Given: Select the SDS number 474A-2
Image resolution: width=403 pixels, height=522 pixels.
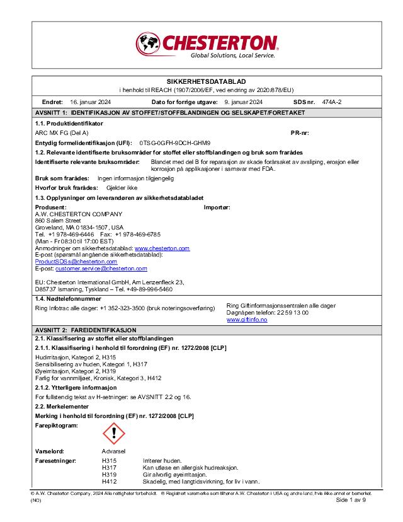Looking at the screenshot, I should tap(331, 101).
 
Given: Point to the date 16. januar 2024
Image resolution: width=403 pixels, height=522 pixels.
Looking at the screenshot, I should tap(91, 101).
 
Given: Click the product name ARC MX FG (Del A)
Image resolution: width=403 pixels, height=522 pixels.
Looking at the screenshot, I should tap(61, 133).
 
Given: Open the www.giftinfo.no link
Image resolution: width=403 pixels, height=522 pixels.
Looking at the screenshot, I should tap(247, 320).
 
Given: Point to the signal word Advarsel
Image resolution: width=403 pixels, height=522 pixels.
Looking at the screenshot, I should tap(114, 452).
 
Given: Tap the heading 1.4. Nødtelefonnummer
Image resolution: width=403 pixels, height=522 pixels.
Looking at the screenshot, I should tap(67, 298).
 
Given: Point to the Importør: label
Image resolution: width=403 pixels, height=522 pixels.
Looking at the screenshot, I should tap(217, 207).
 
